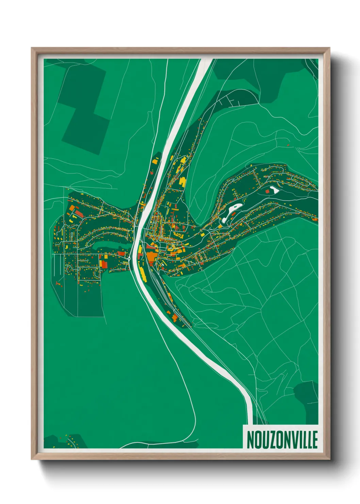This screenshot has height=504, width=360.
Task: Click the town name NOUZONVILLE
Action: point(282,440)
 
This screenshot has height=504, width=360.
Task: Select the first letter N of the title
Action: point(251,440)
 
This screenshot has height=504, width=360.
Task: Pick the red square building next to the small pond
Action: point(267,192)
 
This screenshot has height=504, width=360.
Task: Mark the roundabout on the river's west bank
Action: point(130,258)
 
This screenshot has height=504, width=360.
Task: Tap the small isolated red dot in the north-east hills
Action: point(288,145)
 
